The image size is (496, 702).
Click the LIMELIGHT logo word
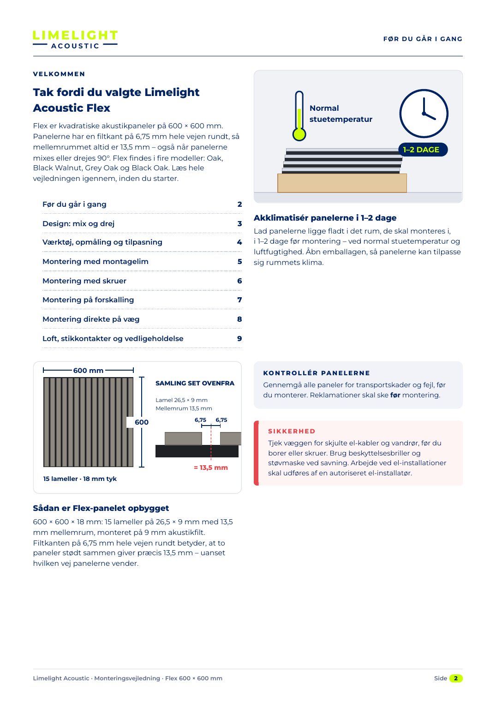pos(75,35)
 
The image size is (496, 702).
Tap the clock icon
pos(424,114)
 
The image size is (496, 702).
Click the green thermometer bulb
pos(299,134)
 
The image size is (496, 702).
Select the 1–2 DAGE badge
pos(423,150)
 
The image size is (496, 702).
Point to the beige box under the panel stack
pos(342,183)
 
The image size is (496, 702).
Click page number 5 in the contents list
pos(239,261)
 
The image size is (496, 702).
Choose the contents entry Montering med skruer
pos(84,281)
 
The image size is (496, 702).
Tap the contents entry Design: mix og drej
pos(78,223)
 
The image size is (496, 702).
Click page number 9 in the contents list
pos(239,338)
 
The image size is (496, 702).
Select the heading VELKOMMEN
pos(59,74)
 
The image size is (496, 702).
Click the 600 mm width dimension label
pos(89,371)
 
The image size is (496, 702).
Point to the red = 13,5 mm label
pos(210,468)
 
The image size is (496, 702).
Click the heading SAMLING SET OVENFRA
pos(195,383)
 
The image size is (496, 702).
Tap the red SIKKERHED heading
pos(292,431)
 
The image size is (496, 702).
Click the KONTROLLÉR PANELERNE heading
pos(317,373)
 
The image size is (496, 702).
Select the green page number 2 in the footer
pos(456,678)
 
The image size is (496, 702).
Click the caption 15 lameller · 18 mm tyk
pos(80,479)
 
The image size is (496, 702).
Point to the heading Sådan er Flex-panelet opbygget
pos(101,508)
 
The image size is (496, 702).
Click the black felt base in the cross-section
pos(197,451)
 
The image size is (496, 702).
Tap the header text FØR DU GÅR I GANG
pos(423,39)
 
